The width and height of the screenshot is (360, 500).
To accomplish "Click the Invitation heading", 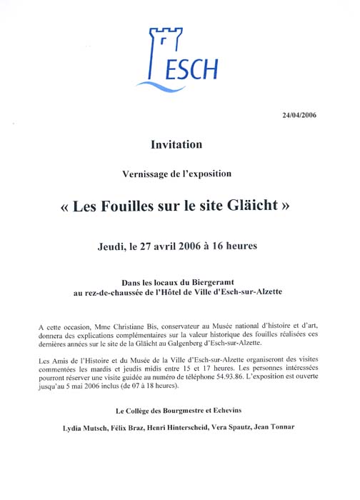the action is (176, 144).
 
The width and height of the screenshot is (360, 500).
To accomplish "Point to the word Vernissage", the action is (146, 174).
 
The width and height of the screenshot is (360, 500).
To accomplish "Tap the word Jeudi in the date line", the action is (114, 247).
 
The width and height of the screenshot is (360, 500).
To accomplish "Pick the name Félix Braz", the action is (126, 428).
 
